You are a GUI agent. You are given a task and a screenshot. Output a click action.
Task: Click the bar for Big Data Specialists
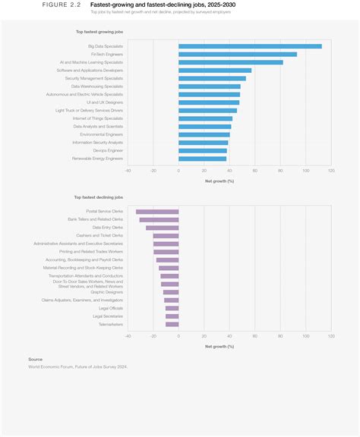tap(250, 46)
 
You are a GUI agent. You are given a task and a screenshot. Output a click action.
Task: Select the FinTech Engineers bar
tap(238, 54)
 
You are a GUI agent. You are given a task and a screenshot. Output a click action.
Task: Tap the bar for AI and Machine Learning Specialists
tap(231, 62)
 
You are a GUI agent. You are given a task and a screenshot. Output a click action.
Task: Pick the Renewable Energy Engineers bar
tap(202, 159)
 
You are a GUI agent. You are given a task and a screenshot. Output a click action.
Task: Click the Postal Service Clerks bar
tap(157, 211)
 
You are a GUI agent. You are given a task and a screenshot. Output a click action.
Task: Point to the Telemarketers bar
tap(172, 324)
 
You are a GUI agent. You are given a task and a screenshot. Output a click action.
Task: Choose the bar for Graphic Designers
tap(171, 291)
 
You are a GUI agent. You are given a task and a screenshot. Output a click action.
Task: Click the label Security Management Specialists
tap(93, 78)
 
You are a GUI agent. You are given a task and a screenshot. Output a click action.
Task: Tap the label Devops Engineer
tap(108, 150)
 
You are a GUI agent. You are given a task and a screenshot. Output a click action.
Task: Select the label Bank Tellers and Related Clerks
tap(95, 219)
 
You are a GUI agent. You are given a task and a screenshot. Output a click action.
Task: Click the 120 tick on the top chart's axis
tap(331, 171)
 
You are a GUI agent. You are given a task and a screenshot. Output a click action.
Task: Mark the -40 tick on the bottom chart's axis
tap(128, 336)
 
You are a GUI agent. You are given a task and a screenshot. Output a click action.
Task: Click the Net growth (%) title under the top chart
tap(219, 181)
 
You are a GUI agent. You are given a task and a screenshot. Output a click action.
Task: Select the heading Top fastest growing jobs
tap(99, 33)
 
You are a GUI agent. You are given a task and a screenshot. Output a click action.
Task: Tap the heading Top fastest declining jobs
tap(99, 197)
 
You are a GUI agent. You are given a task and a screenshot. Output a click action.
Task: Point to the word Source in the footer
tap(36, 359)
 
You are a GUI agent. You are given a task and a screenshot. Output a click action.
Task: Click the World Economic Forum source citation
tap(77, 366)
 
